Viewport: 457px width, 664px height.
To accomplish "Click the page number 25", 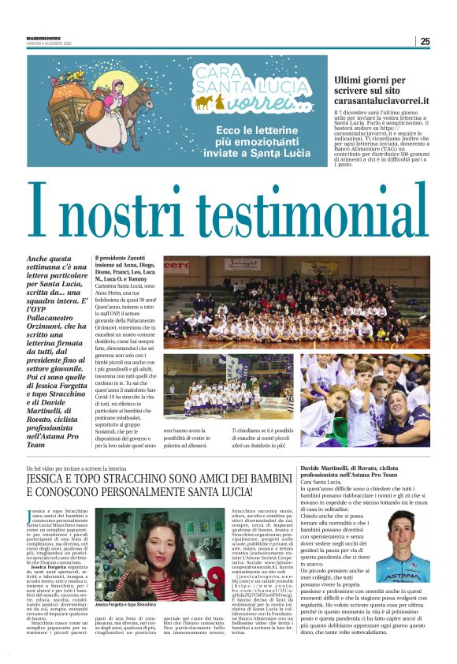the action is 425,41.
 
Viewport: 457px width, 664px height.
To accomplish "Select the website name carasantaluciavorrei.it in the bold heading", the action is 381,100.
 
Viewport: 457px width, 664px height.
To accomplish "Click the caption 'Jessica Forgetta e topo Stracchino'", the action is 128,604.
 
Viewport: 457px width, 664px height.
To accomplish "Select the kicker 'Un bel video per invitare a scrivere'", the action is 76,468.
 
